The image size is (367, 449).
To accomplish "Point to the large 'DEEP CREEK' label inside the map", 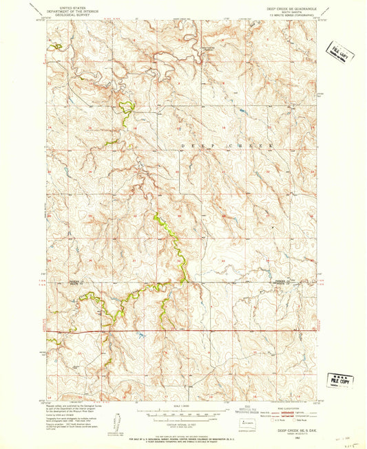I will pos(227,146).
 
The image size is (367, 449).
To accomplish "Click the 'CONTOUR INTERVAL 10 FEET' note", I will pos(183,427).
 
